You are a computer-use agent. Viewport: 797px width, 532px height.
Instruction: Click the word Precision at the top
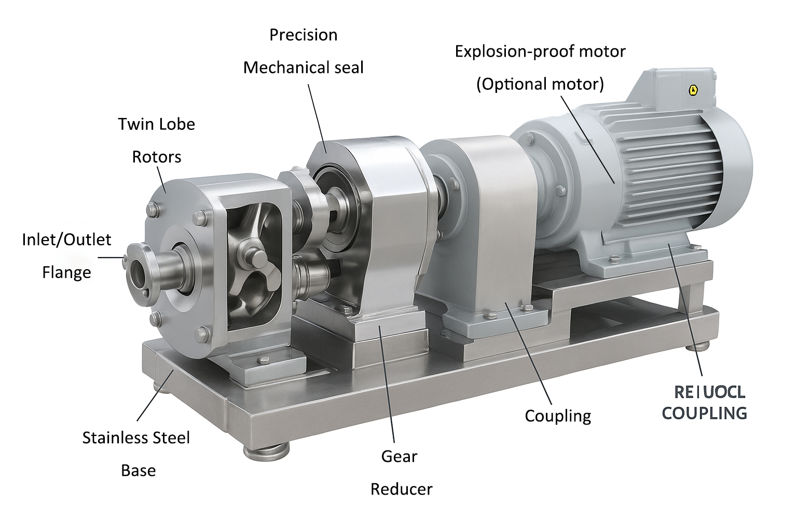(x=304, y=35)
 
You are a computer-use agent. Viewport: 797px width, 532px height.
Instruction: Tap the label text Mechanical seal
(x=304, y=68)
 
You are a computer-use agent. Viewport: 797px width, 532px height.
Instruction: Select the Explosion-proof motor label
(x=540, y=51)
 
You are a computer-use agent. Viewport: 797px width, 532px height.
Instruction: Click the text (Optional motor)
(x=540, y=84)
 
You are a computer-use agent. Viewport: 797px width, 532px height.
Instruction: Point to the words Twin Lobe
(x=156, y=124)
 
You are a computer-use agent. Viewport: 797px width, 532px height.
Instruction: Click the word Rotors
(x=156, y=157)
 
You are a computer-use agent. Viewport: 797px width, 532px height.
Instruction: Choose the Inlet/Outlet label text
(x=66, y=240)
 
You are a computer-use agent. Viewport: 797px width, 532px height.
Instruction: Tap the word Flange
(x=66, y=272)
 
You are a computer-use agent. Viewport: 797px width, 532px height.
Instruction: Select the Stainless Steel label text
(x=136, y=437)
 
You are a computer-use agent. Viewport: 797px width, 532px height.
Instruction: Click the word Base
(x=138, y=470)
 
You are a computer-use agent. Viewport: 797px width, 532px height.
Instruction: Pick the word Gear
(x=399, y=457)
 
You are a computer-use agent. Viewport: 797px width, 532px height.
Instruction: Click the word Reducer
(x=401, y=489)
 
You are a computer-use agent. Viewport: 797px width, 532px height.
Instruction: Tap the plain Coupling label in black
(x=558, y=416)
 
